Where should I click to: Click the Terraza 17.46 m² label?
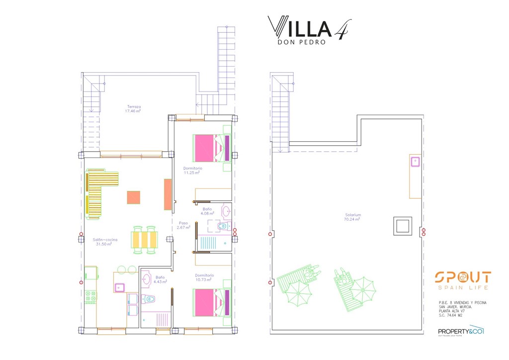(x=133, y=109)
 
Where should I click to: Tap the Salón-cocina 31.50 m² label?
(x=103, y=242)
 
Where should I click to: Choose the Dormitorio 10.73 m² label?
(x=204, y=277)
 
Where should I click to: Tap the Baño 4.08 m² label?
(x=207, y=211)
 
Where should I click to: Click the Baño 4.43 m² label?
(x=160, y=279)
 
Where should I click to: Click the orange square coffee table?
(x=133, y=197)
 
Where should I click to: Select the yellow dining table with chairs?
(x=145, y=239)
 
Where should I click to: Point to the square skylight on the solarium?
(x=402, y=226)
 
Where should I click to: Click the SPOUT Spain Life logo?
(x=462, y=280)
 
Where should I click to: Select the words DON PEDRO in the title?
(x=302, y=42)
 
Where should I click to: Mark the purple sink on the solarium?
(x=415, y=161)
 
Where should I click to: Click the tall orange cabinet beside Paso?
(x=168, y=194)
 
